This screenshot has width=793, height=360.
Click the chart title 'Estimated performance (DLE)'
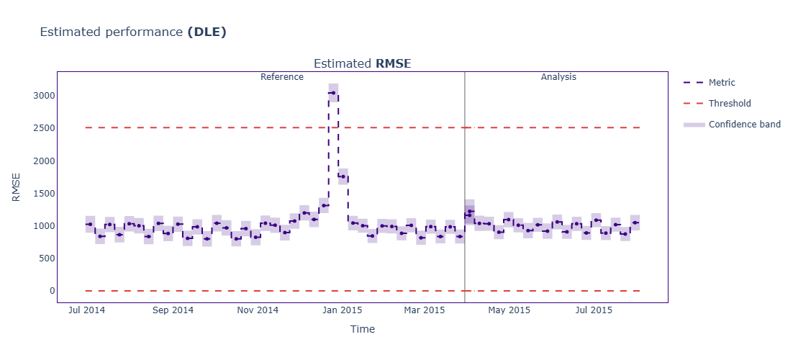[133, 32]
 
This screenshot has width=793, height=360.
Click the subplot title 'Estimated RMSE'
[362, 63]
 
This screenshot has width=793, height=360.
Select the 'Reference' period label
[281, 77]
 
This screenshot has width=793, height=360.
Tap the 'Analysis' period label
[558, 77]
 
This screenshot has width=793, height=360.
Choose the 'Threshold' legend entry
[729, 104]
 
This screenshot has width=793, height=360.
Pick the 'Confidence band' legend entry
[744, 125]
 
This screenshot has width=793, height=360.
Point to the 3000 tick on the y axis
[41, 96]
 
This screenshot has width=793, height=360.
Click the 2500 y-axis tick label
[41, 128]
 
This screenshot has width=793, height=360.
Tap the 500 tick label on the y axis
[44, 258]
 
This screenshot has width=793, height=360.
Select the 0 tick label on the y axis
[50, 291]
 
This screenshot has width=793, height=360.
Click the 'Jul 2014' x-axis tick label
[86, 311]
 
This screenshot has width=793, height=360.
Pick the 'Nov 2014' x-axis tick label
[257, 311]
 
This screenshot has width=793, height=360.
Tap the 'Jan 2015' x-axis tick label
[342, 311]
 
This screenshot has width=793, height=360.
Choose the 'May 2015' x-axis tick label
[509, 311]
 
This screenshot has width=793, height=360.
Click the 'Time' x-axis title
[362, 329]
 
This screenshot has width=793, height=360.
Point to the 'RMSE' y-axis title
[17, 186]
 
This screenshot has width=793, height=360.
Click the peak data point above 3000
[332, 93]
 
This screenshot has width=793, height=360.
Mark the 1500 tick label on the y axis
[41, 193]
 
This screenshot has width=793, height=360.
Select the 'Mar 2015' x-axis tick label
[425, 311]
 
